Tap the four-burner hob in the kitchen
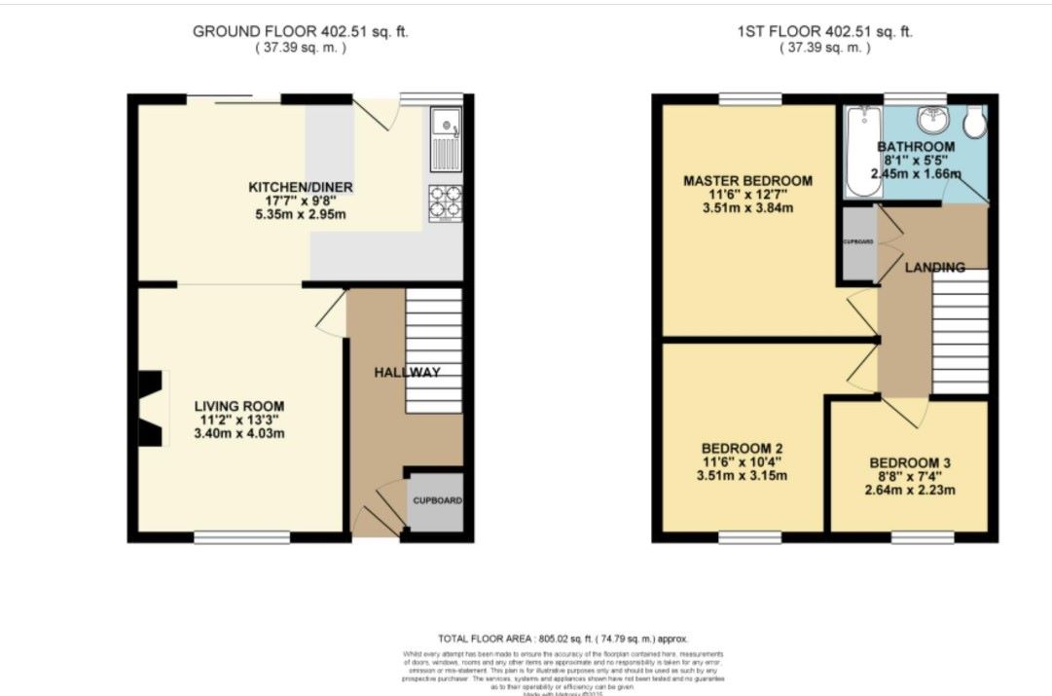446,202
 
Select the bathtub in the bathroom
859,152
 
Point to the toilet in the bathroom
976,122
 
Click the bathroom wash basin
931,121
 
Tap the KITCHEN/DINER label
301,187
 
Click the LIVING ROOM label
239,406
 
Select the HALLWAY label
408,372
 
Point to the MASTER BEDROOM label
747,181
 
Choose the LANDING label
933,268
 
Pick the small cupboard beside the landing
858,243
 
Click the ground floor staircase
433,350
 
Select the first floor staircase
961,331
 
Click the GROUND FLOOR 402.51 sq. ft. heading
300,31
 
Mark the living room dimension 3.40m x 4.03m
239,433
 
